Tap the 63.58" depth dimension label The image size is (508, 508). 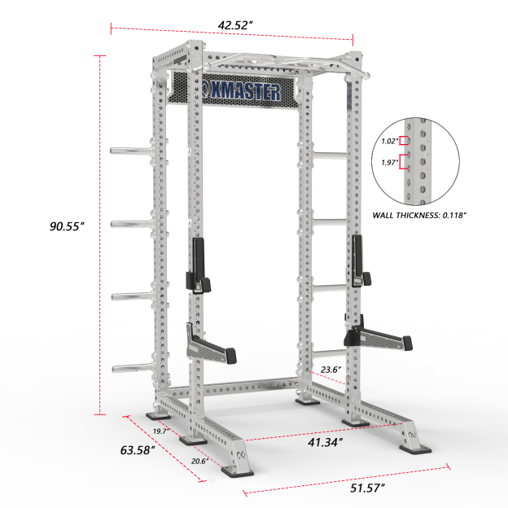138,450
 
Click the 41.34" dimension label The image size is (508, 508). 323,441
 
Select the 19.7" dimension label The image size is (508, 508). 161,431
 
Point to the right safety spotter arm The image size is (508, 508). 376,337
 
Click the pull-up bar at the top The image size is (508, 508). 277,61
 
